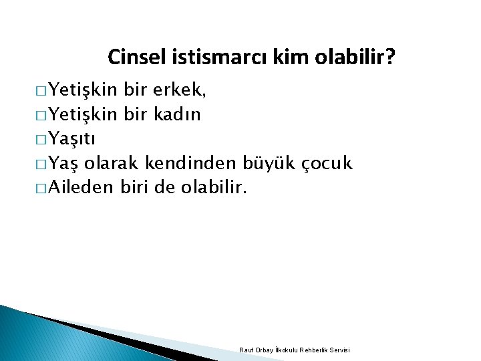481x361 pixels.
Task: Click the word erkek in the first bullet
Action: pos(178,90)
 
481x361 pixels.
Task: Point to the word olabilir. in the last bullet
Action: pos(214,188)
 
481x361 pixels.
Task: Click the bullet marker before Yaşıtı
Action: pos(39,140)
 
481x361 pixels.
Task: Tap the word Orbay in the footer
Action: pos(262,350)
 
